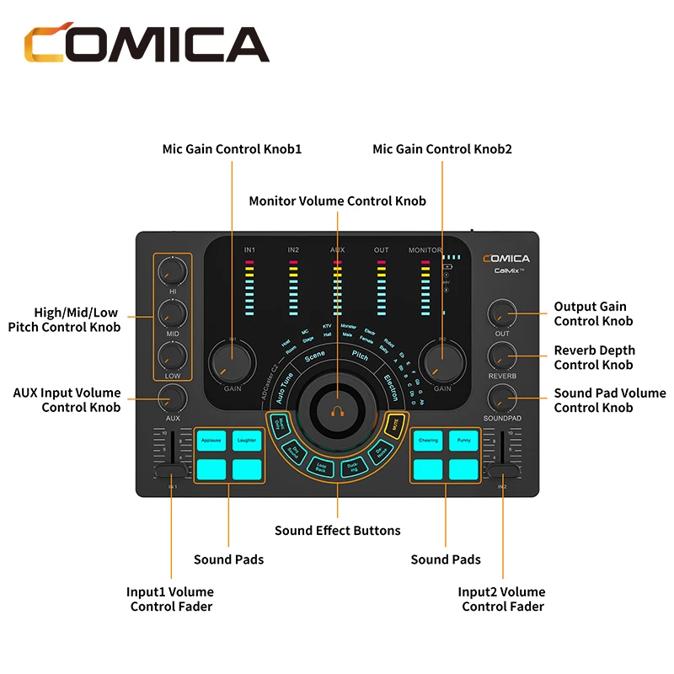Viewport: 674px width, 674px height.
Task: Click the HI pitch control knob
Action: pyautogui.click(x=172, y=270)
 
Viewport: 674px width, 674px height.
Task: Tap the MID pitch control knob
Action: pyautogui.click(x=172, y=315)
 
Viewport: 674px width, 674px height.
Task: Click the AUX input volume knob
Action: pyautogui.click(x=172, y=396)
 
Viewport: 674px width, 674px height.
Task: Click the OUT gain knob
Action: pyautogui.click(x=502, y=314)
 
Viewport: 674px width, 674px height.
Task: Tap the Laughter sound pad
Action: pyautogui.click(x=247, y=440)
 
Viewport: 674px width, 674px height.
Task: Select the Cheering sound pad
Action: pyautogui.click(x=429, y=440)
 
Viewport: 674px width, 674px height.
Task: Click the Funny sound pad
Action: pyautogui.click(x=464, y=440)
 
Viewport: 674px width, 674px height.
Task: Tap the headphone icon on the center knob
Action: pyautogui.click(x=337, y=412)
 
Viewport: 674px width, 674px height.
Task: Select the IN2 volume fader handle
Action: pyautogui.click(x=503, y=473)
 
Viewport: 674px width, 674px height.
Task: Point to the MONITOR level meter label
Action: pyautogui.click(x=425, y=250)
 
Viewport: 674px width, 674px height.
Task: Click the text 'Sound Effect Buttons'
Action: pyautogui.click(x=337, y=531)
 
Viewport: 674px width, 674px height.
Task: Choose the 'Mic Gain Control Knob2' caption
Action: pyautogui.click(x=442, y=149)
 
